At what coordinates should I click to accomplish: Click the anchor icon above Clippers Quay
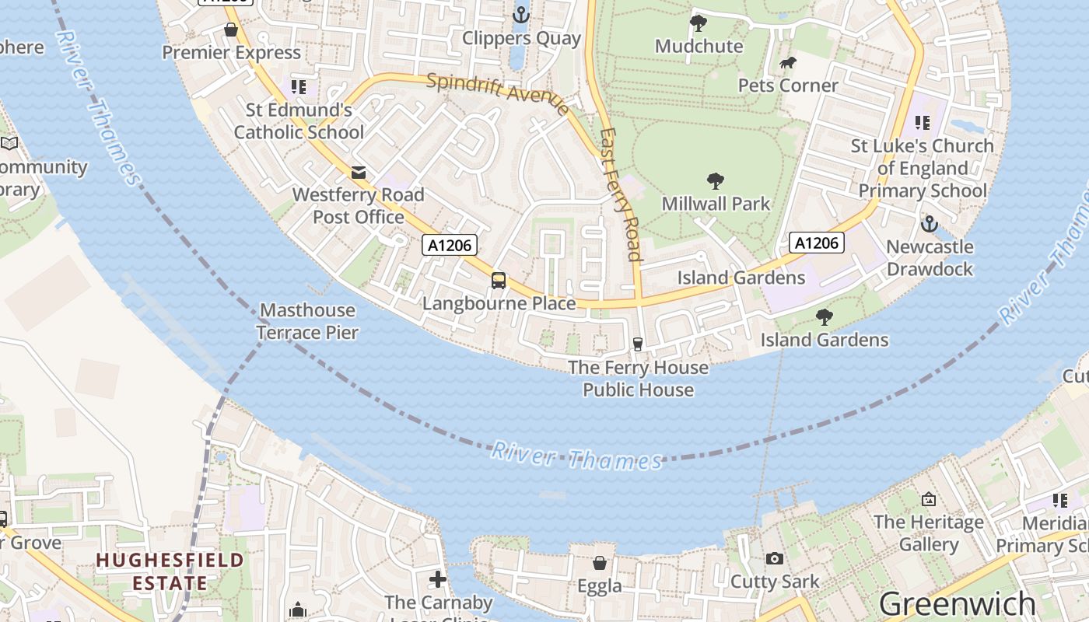tap(520, 14)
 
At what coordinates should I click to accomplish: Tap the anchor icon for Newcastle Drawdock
tap(929, 224)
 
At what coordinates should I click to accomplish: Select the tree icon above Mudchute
tap(699, 23)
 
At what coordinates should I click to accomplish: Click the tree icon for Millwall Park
tap(716, 181)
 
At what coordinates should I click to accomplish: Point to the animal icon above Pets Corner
tap(788, 63)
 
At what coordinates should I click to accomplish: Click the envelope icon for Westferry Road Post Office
tap(359, 172)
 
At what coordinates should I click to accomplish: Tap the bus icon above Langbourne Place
tap(499, 281)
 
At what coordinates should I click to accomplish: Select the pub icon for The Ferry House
tap(638, 344)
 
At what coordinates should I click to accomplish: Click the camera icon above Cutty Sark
tap(774, 558)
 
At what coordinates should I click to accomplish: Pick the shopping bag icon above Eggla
tap(600, 562)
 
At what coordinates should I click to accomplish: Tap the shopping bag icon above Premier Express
tap(231, 30)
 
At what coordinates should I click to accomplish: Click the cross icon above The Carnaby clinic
tap(438, 579)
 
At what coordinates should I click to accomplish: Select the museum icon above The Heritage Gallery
tap(928, 498)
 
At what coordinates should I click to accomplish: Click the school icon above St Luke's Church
tap(923, 122)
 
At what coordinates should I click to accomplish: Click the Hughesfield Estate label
tap(170, 571)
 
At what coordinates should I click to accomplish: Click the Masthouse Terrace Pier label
tap(308, 321)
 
